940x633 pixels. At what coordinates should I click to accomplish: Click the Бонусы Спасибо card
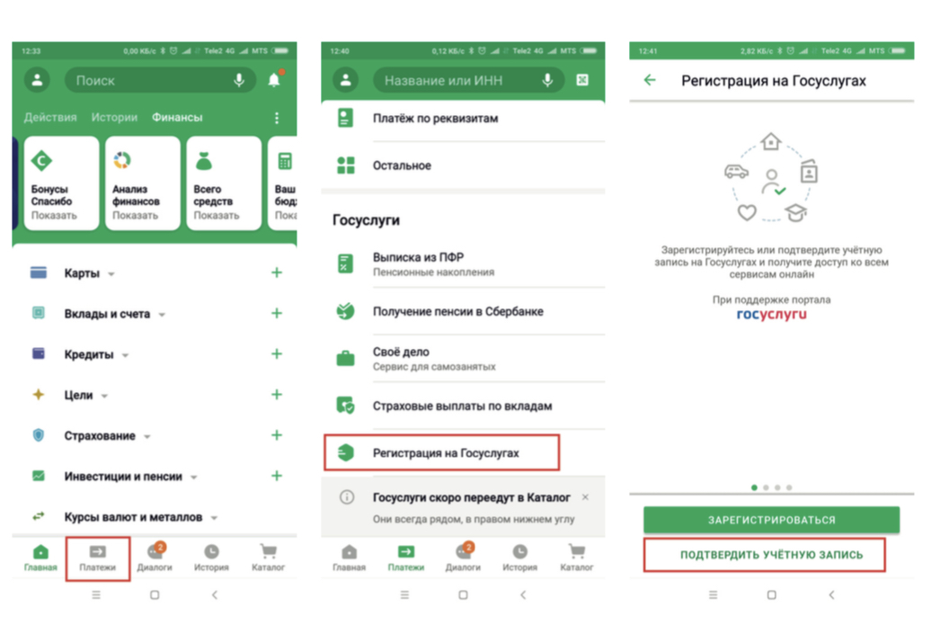coord(61,183)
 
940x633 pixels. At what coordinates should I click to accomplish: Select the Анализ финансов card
coord(143,183)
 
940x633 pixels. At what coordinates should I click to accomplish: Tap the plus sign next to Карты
coord(277,272)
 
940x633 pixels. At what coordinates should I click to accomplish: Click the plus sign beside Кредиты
coord(277,354)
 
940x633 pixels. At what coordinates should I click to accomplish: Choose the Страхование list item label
coord(100,435)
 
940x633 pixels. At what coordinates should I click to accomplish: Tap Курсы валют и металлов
coord(133,517)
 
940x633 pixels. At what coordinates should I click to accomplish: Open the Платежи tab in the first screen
coord(98,558)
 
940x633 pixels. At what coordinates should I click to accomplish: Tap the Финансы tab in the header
coord(177,117)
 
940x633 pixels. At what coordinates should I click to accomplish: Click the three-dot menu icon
coord(277,118)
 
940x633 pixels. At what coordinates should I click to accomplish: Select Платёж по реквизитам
coord(435,118)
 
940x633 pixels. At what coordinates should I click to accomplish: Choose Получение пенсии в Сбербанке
coord(458,311)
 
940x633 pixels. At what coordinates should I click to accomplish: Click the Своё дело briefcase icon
coord(345,358)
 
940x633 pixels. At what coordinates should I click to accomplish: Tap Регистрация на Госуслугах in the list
coord(446,453)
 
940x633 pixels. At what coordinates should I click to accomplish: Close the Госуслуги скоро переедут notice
coord(585,497)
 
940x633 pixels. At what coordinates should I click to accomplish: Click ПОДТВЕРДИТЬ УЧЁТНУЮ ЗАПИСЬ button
coord(771,555)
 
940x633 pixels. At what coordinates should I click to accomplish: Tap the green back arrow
coord(650,80)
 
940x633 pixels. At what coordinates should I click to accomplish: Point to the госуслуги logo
coord(772,315)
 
